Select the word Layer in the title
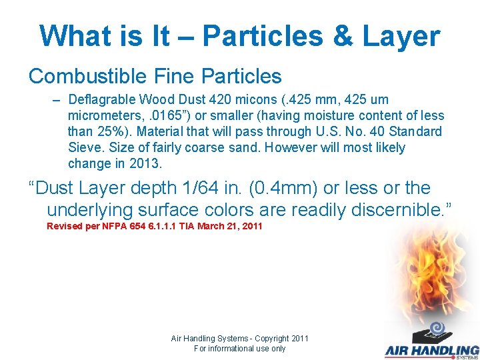pos(401,36)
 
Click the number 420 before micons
pos(220,100)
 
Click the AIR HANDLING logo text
pos(431,351)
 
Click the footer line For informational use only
pos(239,349)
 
